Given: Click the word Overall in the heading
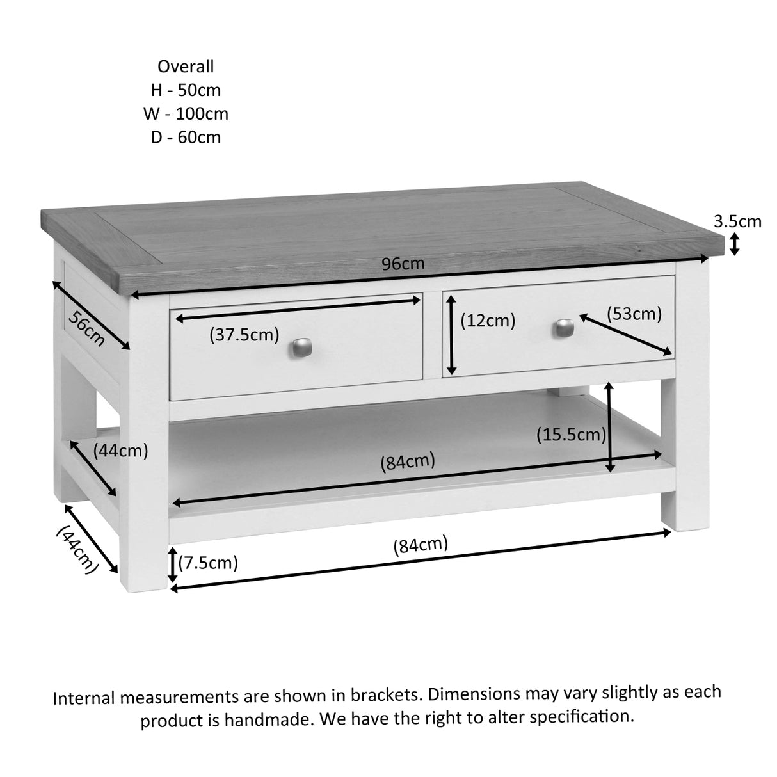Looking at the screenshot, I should coord(186,67).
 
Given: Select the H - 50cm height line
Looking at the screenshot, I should coord(186,90).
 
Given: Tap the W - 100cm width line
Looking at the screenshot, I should coord(186,114).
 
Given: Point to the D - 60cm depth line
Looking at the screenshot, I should coord(186,137).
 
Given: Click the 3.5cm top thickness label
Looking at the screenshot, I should coord(737,221).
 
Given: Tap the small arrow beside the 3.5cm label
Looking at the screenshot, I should coord(735,244).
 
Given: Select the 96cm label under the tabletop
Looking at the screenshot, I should coord(403,264).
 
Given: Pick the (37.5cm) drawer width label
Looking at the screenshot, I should coord(244,334).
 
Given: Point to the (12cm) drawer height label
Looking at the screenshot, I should coord(488,320).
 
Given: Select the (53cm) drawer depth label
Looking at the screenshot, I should coord(634,314).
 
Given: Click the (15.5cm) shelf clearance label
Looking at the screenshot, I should coord(571,435).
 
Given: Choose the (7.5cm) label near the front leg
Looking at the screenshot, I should coord(208,563).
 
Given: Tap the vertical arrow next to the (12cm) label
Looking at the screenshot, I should coord(452,335).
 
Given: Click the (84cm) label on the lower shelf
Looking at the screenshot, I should coord(408,461).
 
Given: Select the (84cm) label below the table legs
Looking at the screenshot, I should coord(421,545).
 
